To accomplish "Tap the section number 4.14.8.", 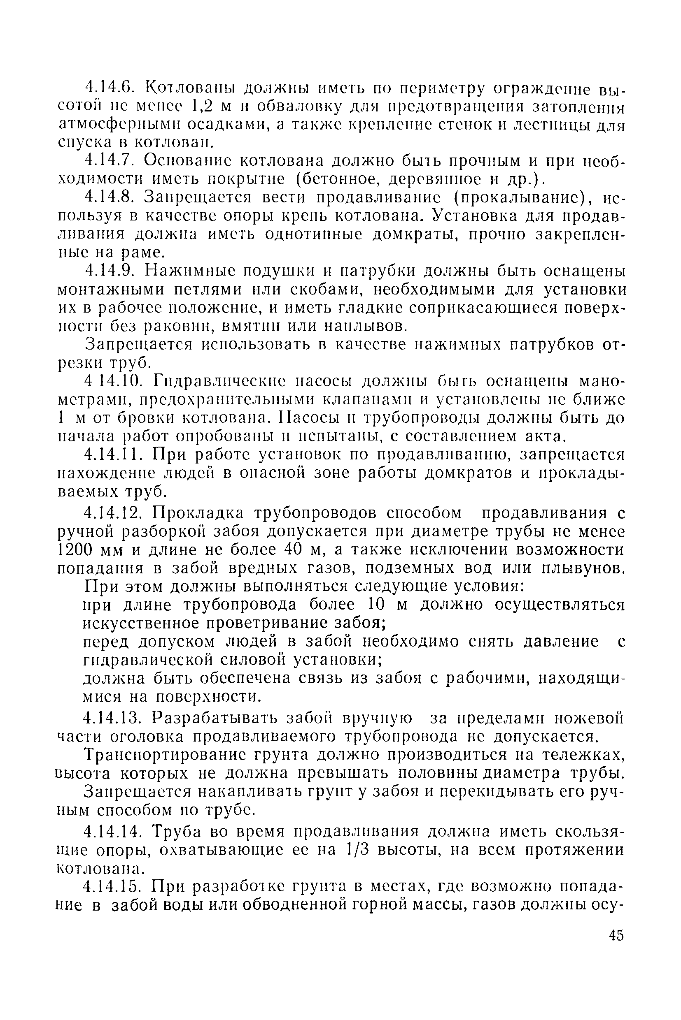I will click(x=110, y=197).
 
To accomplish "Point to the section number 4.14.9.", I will click(x=110, y=271).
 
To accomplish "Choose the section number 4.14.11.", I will click(x=114, y=455).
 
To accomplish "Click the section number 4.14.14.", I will click(x=114, y=830).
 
